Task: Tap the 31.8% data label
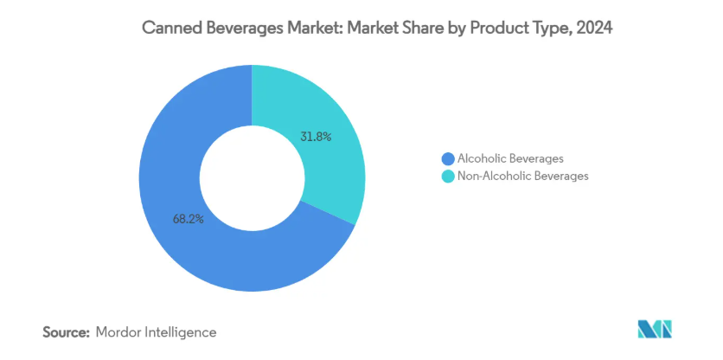[x=316, y=136]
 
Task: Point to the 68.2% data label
[x=188, y=219]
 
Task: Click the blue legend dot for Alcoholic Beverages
[x=447, y=158]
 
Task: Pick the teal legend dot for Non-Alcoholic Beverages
[x=447, y=176]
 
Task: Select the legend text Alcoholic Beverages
[x=510, y=158]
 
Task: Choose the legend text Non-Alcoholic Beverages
[x=522, y=176]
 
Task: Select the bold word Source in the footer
[x=65, y=331]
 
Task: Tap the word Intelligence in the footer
[x=182, y=331]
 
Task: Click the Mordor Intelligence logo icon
[x=655, y=330]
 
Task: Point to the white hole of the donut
[x=251, y=177]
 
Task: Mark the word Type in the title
[x=553, y=29]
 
